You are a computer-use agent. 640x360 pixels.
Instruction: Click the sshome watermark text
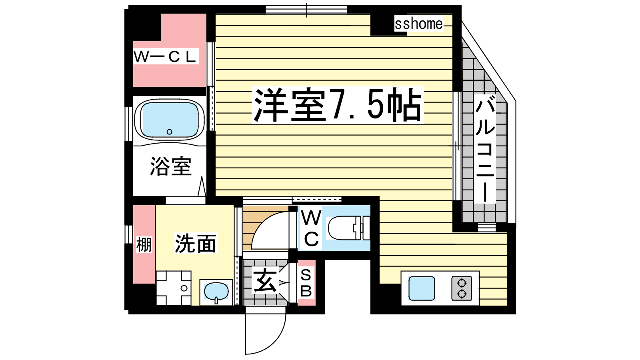click(418, 24)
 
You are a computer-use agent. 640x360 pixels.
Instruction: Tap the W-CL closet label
click(166, 56)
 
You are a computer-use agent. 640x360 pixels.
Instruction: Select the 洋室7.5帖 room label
click(338, 105)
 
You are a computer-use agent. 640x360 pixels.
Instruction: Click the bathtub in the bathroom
click(170, 120)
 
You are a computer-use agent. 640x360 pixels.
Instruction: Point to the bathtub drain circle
click(170, 132)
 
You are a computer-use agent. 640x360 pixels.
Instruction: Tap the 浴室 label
click(170, 166)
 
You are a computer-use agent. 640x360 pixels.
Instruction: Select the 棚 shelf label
click(144, 244)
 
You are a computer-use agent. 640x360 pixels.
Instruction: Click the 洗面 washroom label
click(196, 244)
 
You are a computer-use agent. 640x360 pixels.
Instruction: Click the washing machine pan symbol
click(174, 288)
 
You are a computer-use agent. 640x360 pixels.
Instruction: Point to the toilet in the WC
click(349, 228)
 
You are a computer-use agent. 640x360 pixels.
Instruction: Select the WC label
click(311, 228)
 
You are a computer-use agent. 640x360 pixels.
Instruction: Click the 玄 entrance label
click(265, 282)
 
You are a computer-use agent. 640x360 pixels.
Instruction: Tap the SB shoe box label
click(306, 283)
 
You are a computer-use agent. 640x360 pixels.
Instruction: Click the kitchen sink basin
click(422, 288)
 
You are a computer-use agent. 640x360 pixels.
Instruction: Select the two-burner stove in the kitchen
click(462, 288)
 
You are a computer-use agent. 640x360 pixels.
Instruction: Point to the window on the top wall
click(306, 10)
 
